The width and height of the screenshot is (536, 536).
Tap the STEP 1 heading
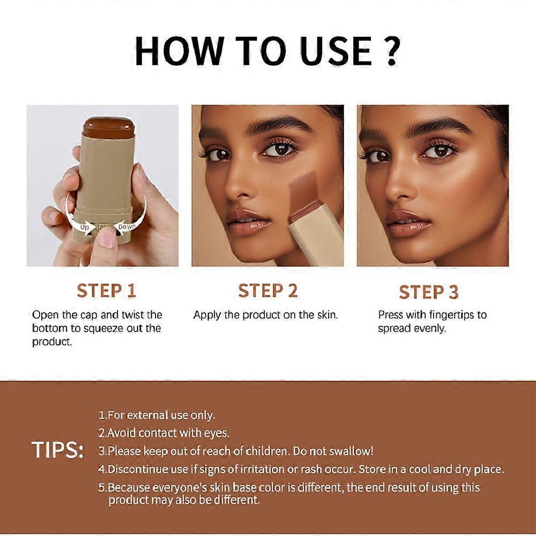[106, 291]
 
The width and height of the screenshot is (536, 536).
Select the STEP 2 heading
[267, 291]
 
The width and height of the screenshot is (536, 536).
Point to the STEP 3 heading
[429, 292]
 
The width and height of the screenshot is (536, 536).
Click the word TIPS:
[57, 451]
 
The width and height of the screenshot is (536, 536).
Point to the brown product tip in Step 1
[108, 127]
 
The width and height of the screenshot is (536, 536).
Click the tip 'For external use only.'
[157, 415]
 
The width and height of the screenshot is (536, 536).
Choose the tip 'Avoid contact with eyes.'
[163, 433]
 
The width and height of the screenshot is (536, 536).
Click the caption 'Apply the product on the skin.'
[265, 315]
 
